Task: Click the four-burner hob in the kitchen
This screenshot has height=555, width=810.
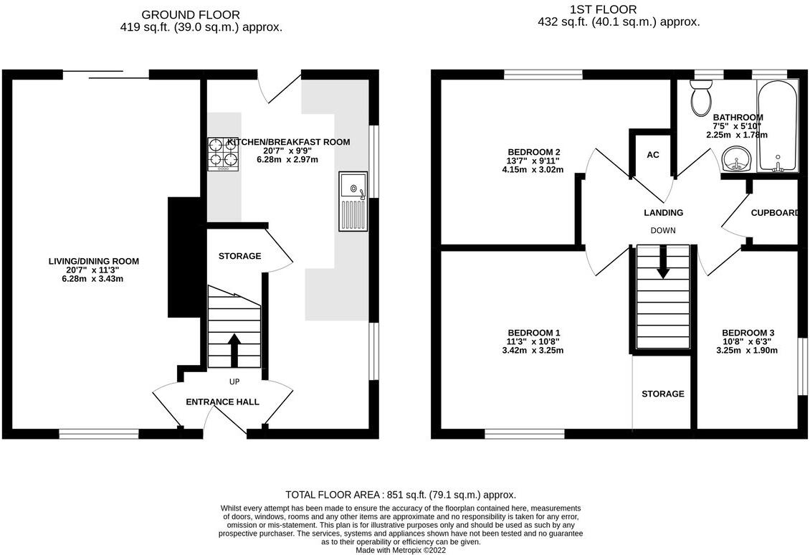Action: click(x=222, y=153)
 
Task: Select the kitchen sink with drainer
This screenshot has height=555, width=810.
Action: click(x=352, y=201)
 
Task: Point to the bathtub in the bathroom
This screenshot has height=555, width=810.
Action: click(x=776, y=127)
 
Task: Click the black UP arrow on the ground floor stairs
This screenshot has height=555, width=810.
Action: click(x=234, y=350)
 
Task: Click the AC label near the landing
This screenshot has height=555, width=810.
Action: click(x=652, y=155)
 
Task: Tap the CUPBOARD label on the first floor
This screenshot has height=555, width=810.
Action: click(x=774, y=213)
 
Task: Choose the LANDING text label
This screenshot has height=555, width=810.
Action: click(x=663, y=212)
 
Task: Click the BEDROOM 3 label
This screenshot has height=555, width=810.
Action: click(x=748, y=333)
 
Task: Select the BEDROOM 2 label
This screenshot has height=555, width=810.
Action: click(x=533, y=152)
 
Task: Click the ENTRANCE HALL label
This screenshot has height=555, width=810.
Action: click(x=222, y=402)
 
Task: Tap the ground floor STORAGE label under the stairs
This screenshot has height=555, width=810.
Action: click(x=239, y=256)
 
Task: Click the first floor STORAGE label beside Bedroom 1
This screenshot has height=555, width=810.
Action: click(x=662, y=394)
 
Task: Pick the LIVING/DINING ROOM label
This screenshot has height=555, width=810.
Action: click(x=93, y=261)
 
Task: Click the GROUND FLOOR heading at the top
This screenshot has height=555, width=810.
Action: click(x=191, y=14)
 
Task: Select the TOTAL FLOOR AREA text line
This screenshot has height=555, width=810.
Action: click(x=401, y=495)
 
